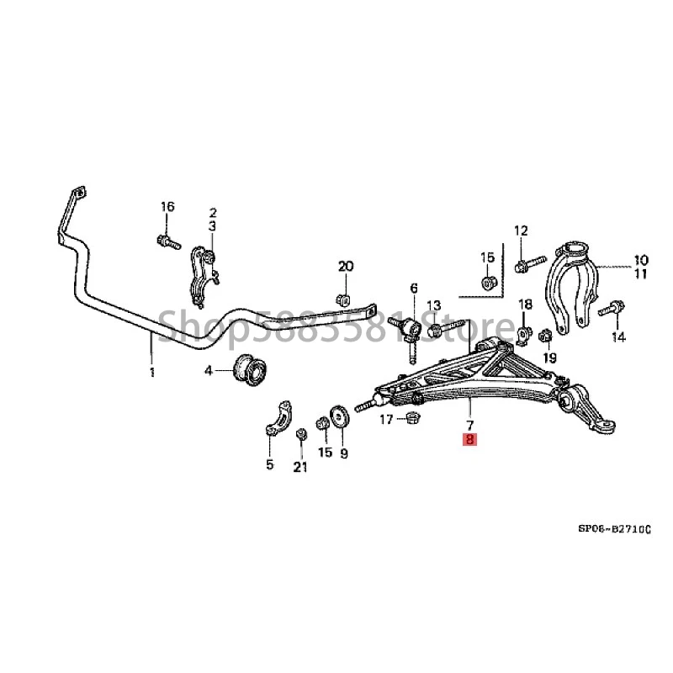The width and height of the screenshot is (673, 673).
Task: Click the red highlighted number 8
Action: click(x=469, y=439)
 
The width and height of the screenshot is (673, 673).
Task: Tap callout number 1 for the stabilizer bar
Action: click(x=152, y=372)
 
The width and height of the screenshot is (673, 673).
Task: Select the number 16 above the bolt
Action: click(x=167, y=207)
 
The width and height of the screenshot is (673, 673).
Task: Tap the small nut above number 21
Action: click(x=300, y=433)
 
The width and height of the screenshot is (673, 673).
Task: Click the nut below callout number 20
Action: click(x=342, y=298)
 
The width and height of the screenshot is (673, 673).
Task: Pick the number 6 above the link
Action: click(x=414, y=289)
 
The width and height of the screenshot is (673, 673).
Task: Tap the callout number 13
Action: click(x=434, y=305)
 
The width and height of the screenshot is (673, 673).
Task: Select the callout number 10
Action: click(x=641, y=260)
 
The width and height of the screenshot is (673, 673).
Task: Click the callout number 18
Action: click(x=525, y=304)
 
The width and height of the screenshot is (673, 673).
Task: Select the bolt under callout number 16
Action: click(x=166, y=241)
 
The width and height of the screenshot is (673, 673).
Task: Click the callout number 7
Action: click(x=469, y=424)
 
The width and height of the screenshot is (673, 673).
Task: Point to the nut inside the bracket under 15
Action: click(x=487, y=280)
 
